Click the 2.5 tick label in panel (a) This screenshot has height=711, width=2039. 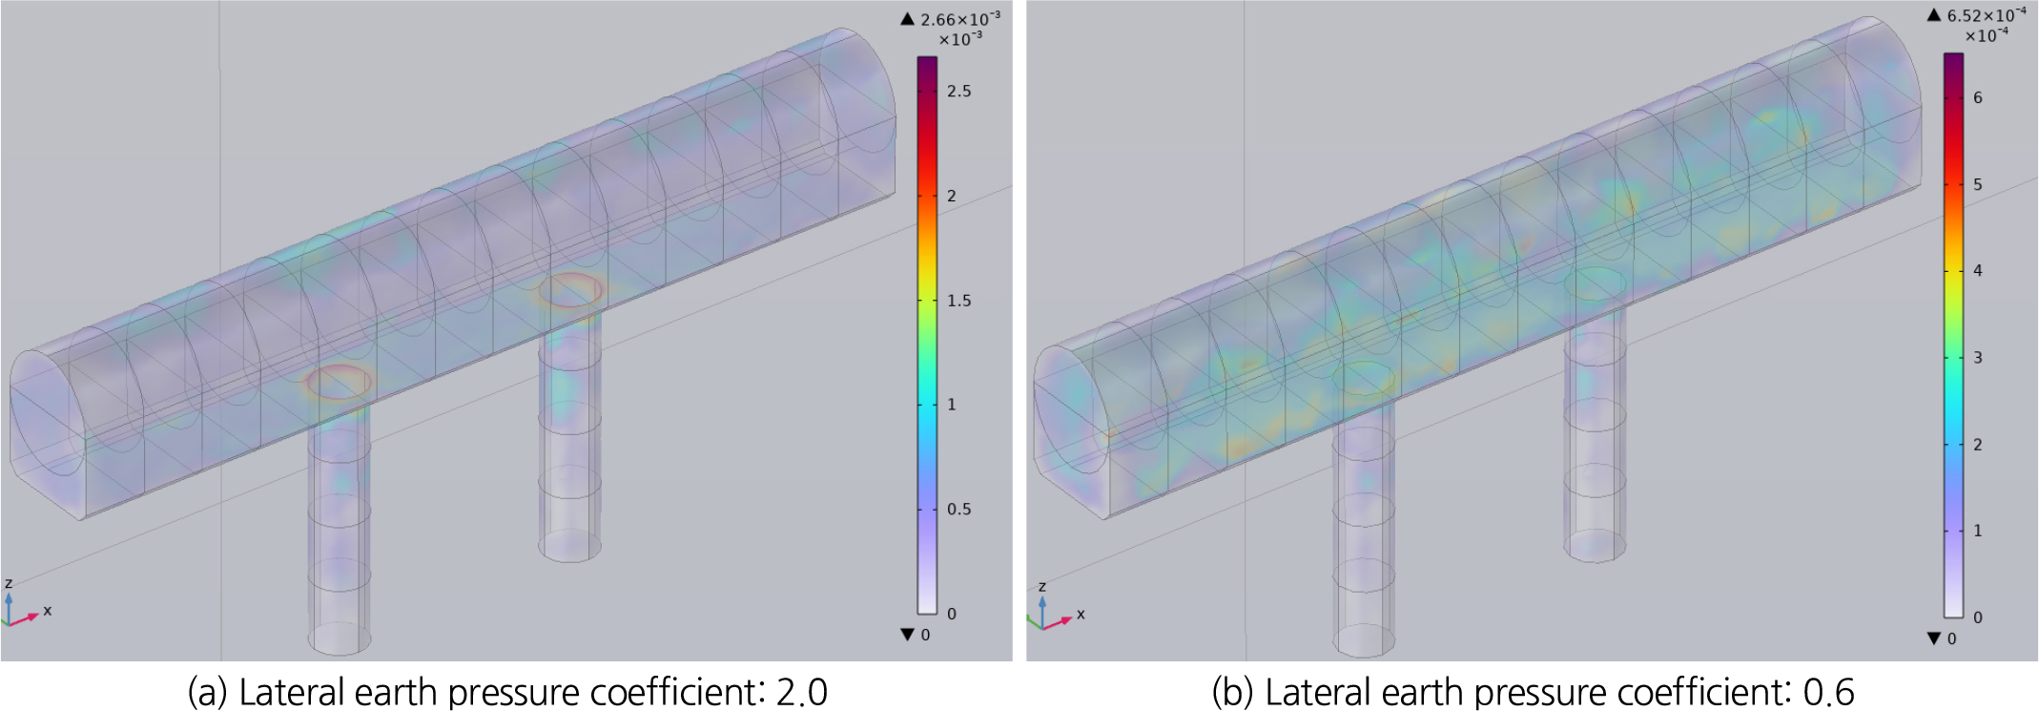[958, 92]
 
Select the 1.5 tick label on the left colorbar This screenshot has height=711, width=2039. [958, 301]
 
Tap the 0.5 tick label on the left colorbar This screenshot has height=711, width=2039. [958, 510]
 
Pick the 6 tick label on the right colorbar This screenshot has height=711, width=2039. [1978, 97]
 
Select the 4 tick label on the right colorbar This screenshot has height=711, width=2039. [1978, 271]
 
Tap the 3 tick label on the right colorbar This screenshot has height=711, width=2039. [1978, 358]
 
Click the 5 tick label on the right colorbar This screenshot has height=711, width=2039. [1978, 184]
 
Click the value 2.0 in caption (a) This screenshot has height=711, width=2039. [802, 692]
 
